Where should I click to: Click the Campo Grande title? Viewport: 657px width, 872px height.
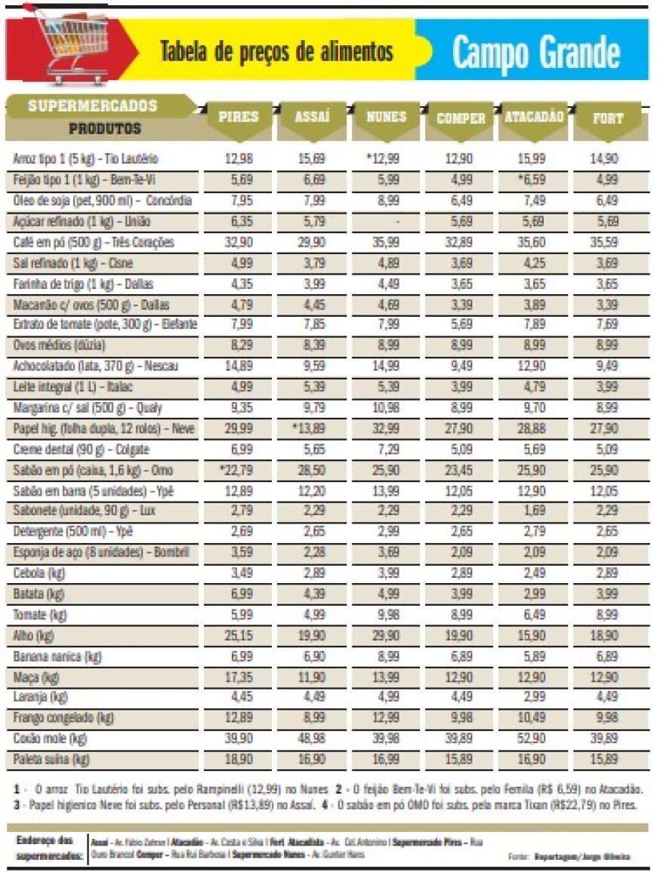(536, 52)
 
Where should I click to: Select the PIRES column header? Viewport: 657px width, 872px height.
(238, 117)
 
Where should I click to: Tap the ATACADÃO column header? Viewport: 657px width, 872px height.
(534, 117)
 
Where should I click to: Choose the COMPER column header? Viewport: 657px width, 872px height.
(461, 118)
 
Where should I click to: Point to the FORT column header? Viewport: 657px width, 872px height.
(608, 118)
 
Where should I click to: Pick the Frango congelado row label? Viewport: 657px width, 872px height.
(57, 717)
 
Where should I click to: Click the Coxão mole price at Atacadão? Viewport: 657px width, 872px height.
(534, 738)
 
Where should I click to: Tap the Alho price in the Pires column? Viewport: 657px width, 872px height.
(238, 635)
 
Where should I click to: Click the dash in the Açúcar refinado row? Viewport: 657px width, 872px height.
(387, 222)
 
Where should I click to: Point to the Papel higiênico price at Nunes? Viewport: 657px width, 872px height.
(387, 428)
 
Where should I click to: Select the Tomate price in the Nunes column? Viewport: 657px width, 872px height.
(387, 614)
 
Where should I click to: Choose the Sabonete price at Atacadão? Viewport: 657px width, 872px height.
(534, 511)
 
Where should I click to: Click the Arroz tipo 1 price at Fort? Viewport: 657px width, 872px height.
(608, 160)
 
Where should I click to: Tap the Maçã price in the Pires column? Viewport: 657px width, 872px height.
(238, 676)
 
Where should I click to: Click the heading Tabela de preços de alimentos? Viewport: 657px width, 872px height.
(276, 51)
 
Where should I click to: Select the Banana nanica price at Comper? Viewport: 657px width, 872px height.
(461, 656)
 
